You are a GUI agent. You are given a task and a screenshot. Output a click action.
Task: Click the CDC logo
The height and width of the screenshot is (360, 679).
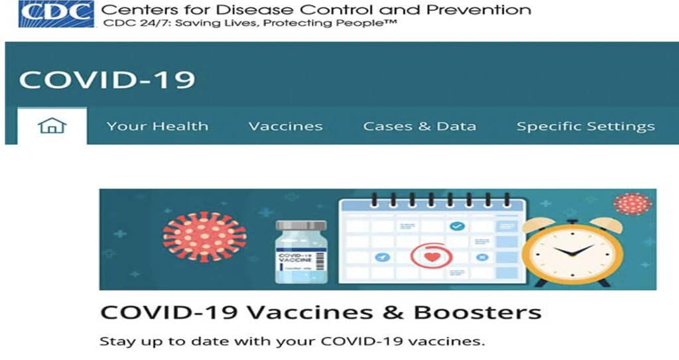point(56,14)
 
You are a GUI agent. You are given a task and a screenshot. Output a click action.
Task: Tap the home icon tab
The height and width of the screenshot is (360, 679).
point(52,125)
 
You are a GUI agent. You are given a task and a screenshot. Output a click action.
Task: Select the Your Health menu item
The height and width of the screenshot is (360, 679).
point(158,126)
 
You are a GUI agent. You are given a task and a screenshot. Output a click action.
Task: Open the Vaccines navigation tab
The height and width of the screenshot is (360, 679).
point(286,126)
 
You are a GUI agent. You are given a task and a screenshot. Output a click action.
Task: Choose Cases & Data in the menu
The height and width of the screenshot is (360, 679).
point(420,126)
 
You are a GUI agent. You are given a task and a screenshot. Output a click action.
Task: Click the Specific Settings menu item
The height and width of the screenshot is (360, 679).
point(586,126)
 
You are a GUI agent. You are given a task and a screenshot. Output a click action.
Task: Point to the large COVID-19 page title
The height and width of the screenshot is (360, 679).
point(107,80)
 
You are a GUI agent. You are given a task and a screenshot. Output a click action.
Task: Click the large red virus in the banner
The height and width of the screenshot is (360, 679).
point(204,237)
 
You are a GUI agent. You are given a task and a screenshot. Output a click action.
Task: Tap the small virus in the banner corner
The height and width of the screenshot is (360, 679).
point(633,204)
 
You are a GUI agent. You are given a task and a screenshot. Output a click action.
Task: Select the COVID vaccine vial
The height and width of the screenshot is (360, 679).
point(302,252)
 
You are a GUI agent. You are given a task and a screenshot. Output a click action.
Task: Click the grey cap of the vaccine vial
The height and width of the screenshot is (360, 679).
point(302,225)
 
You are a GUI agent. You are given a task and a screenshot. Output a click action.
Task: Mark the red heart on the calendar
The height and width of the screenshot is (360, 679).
point(432,257)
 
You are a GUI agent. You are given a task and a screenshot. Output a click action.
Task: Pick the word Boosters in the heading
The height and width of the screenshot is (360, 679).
point(477,312)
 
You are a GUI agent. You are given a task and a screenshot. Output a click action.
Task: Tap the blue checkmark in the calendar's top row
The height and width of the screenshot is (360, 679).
point(457,225)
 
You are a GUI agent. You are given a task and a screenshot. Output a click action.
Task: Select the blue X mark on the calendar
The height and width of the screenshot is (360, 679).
point(482,257)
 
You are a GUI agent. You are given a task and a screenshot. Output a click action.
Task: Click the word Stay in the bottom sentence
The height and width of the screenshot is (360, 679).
point(111,341)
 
